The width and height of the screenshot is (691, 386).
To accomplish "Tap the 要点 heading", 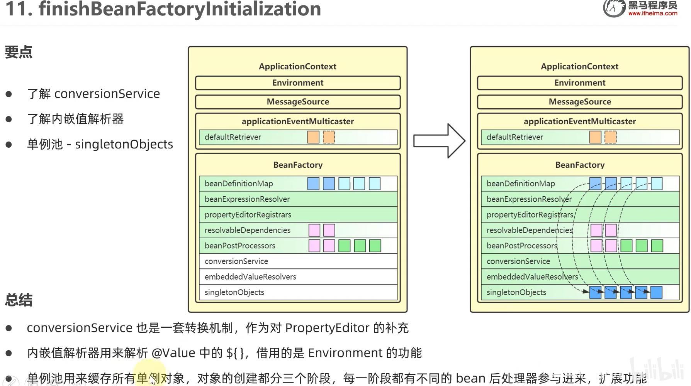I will (x=19, y=52).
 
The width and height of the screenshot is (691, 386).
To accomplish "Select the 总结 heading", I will (x=19, y=300).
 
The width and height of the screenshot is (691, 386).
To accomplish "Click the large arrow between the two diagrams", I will (x=439, y=141).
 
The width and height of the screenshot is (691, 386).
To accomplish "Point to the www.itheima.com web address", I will (x=652, y=13).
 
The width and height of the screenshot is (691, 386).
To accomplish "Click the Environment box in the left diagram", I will (x=298, y=83).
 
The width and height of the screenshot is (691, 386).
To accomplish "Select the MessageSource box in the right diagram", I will (x=580, y=102).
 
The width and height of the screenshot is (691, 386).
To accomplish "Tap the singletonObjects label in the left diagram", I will (x=234, y=292).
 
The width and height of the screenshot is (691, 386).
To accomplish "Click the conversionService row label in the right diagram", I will (x=518, y=261).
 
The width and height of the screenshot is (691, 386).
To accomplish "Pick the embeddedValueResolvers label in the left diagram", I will (x=250, y=277).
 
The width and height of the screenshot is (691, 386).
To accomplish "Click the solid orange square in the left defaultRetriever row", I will (x=313, y=137).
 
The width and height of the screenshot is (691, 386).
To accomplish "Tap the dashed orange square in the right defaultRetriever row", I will (x=610, y=137).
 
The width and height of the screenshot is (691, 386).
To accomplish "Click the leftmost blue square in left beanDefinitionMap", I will (x=313, y=184).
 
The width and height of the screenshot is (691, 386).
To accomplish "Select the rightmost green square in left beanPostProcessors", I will (x=375, y=246).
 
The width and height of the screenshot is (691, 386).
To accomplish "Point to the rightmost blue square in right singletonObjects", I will (x=656, y=292).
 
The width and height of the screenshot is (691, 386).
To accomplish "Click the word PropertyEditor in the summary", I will (x=327, y=328).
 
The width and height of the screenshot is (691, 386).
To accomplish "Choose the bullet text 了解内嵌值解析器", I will (x=75, y=119).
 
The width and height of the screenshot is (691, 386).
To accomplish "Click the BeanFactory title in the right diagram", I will (x=580, y=165).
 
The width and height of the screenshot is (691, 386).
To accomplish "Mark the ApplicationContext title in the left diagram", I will (x=297, y=66).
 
